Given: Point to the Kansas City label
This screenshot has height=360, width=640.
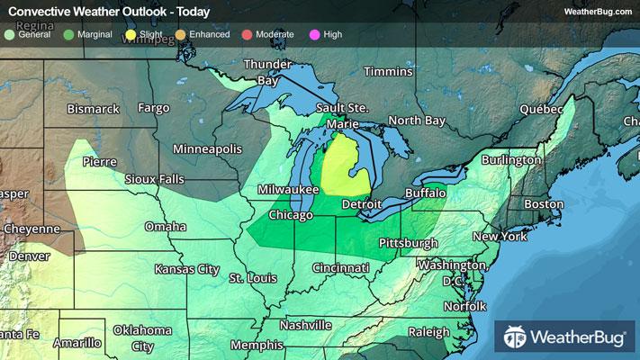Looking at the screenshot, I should (186, 269).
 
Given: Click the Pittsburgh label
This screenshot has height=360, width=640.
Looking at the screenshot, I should (408, 243).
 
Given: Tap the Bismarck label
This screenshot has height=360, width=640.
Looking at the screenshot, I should (93, 109).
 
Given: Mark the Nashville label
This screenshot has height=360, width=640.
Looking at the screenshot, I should (306, 325).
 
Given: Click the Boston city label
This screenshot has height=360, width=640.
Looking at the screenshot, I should (543, 204).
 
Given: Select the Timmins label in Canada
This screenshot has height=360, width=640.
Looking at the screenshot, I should (388, 71).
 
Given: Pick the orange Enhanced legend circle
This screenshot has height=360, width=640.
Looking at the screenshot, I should (180, 34).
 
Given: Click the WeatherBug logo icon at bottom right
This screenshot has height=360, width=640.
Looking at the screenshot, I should (515, 337).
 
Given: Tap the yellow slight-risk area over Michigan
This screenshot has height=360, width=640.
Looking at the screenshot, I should (344, 166).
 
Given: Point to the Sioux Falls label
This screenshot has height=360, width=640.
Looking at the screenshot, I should (154, 179).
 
